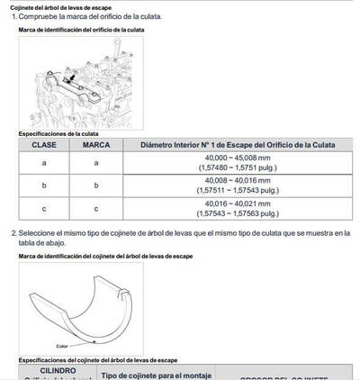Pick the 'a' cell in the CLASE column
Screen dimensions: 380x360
coord(44,163)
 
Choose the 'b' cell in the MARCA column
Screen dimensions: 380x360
coord(96,185)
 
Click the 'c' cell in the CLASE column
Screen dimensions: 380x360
coord(44,209)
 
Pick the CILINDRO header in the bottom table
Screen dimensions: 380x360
coord(51,370)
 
